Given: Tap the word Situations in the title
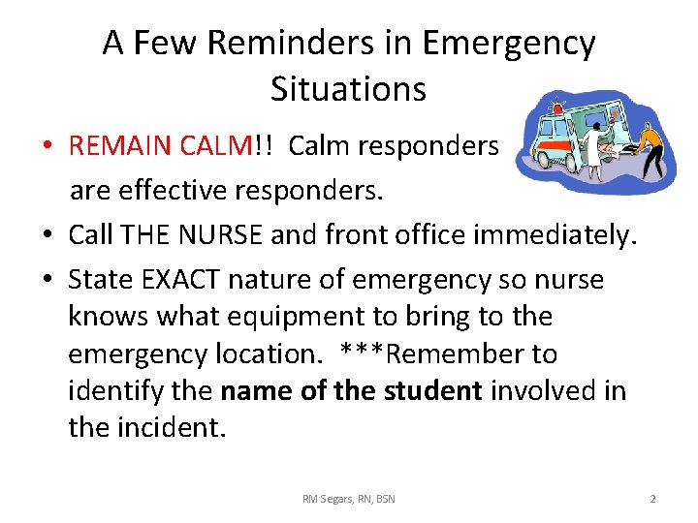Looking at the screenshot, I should pyautogui.click(x=348, y=89).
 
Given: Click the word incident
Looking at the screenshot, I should pyautogui.click(x=172, y=427).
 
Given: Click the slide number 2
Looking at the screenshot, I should pyautogui.click(x=652, y=499).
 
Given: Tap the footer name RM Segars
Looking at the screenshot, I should pyautogui.click(x=327, y=499).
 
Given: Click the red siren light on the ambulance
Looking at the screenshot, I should pyautogui.click(x=555, y=106).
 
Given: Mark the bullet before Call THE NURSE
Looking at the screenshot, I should pyautogui.click(x=47, y=234).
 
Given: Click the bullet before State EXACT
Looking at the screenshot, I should pyautogui.click(x=47, y=281).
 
